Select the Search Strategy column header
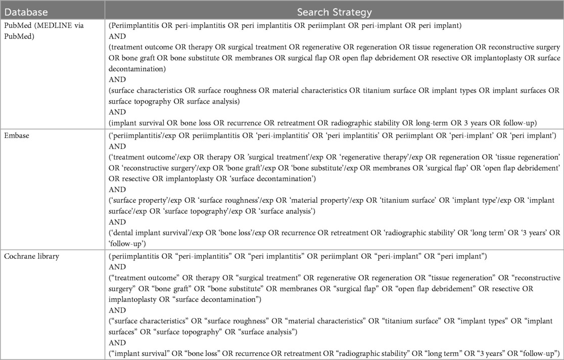click(334, 10)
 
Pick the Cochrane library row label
click(30, 256)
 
